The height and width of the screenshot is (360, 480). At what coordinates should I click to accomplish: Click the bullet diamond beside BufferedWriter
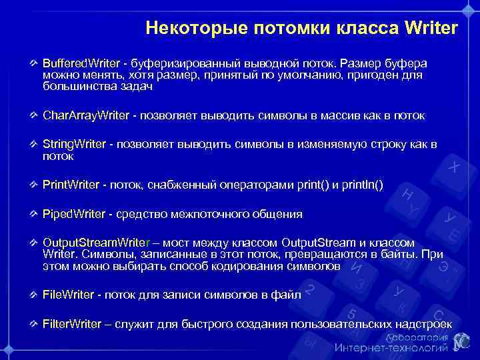[34, 63]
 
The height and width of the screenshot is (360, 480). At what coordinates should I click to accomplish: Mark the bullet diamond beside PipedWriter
[34, 214]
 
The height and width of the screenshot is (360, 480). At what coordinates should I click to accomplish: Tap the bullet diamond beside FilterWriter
[34, 324]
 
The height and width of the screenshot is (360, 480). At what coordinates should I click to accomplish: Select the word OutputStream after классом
[320, 242]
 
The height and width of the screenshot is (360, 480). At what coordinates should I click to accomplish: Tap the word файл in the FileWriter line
[287, 294]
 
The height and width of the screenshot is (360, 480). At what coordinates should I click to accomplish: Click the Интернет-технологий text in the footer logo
[391, 348]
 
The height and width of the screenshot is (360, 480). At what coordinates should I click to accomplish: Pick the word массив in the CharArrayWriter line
[321, 115]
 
